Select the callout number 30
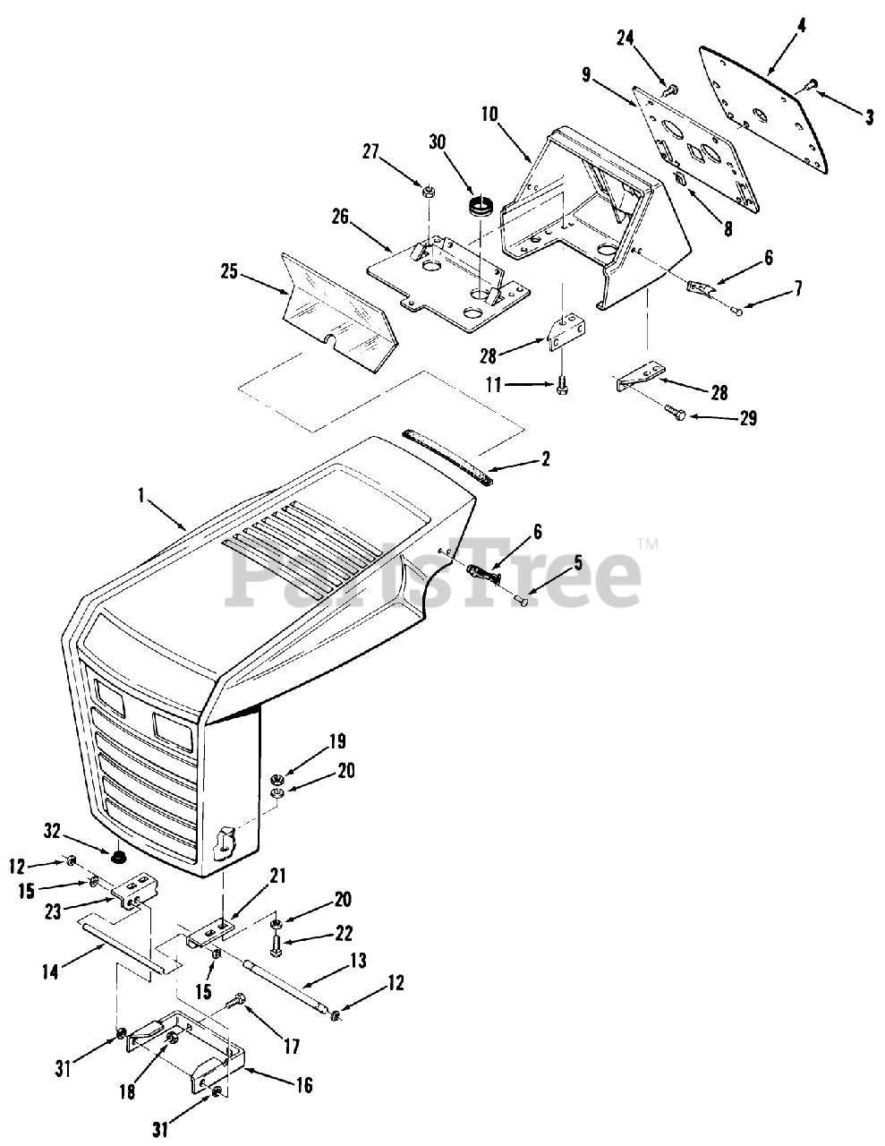pos(437,141)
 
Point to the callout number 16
pos(303,1085)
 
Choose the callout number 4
pos(802,25)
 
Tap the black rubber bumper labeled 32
pos(116,858)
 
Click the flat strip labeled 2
pos(447,456)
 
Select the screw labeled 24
pos(669,89)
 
